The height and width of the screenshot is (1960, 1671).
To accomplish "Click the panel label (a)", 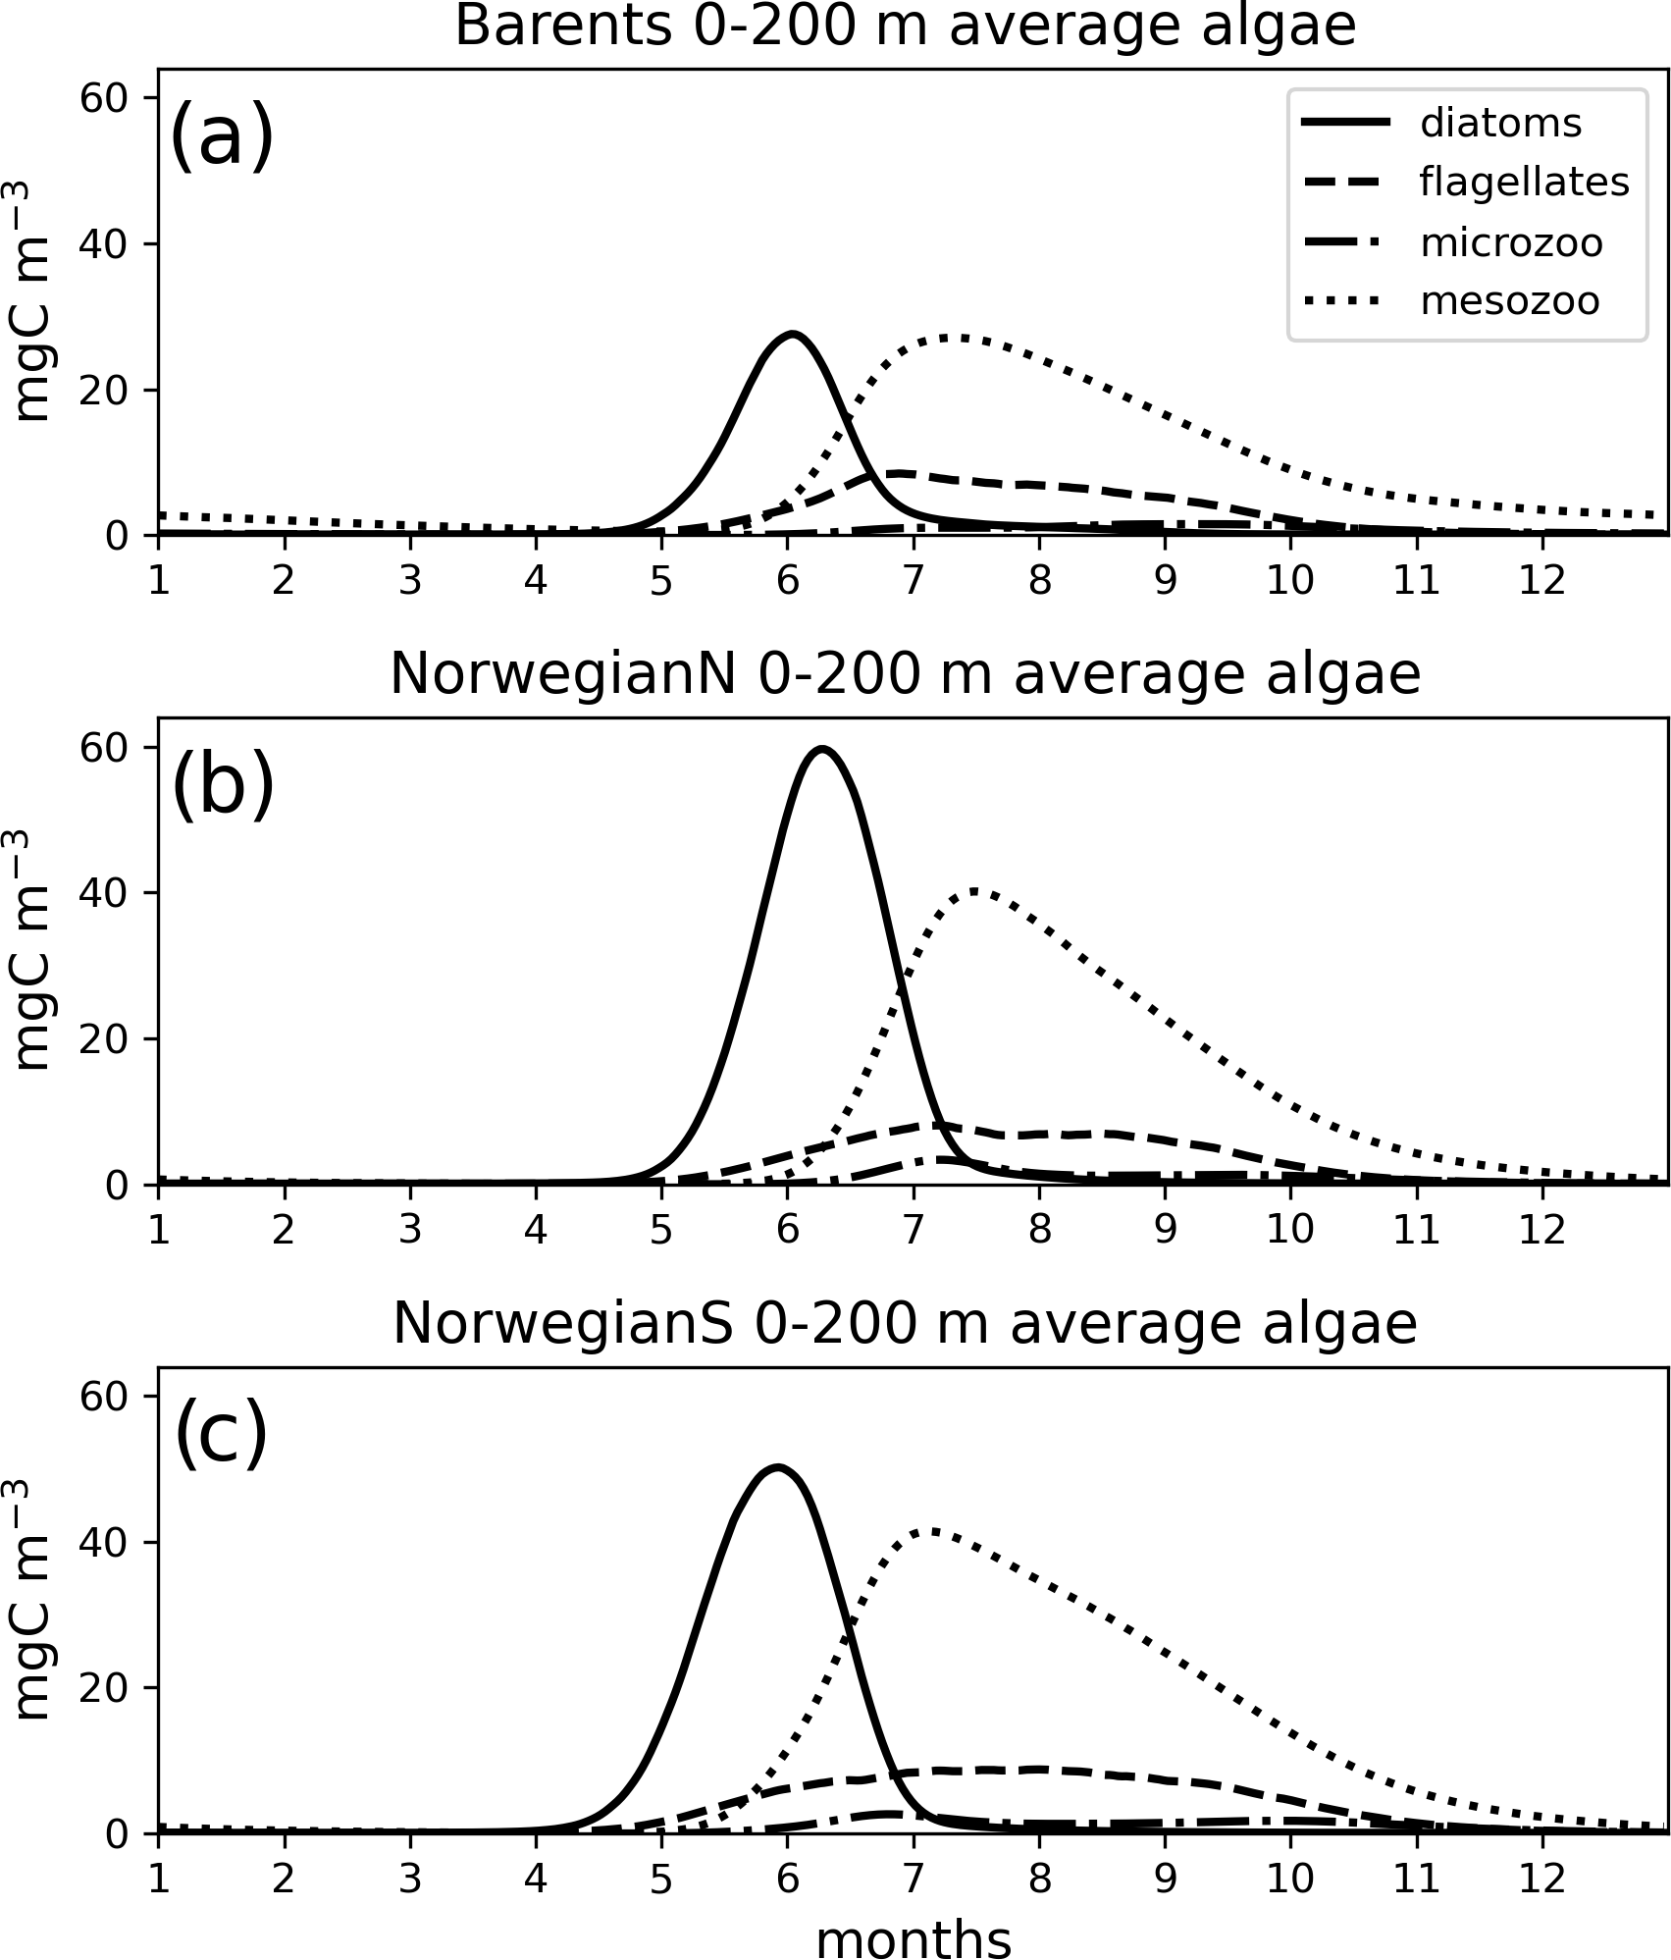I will point(221,137).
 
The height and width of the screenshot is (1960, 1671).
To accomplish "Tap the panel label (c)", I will point(221,1436).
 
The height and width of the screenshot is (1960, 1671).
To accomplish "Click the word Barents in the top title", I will point(562,26).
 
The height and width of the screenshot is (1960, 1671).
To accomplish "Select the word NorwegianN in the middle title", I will point(562,675).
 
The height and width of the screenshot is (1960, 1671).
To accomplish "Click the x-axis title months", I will point(913,1936).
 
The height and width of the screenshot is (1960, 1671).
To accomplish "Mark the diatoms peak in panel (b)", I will point(822,749).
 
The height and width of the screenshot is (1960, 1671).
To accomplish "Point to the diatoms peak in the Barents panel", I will point(791,335).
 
